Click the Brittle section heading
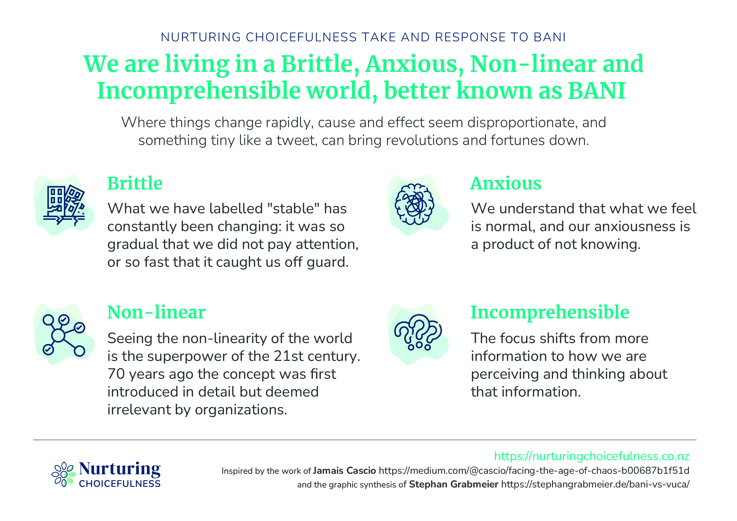point(135,183)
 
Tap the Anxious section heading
point(506,183)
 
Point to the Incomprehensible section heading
point(550,312)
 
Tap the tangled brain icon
point(414,204)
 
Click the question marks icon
point(418,332)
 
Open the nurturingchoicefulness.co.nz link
point(591,456)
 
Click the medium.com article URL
point(534,471)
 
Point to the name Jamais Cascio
point(344,471)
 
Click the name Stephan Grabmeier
point(454,484)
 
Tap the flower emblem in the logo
point(64,474)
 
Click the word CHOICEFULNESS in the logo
point(120,484)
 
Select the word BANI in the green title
point(597,91)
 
